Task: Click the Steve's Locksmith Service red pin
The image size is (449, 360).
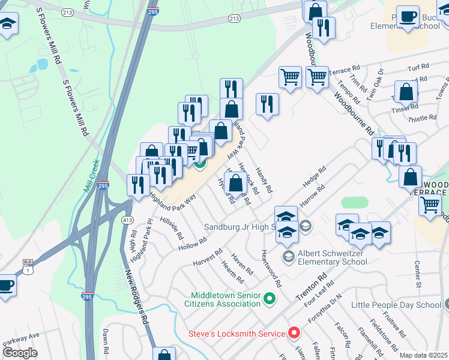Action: tap(294, 332)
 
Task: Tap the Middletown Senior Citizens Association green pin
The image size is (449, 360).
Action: tap(270, 298)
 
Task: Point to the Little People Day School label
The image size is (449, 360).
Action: tap(396, 305)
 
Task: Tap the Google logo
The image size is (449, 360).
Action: tap(20, 353)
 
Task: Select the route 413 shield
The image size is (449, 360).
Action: tap(127, 221)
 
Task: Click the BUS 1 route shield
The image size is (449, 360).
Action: tap(27, 265)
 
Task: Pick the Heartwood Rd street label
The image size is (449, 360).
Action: tap(271, 269)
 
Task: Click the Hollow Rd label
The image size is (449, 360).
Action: tap(192, 244)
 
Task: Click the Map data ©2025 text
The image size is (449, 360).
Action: tap(423, 355)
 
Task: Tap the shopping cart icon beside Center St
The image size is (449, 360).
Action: tap(430, 205)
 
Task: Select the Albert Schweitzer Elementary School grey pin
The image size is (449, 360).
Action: tap(288, 257)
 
